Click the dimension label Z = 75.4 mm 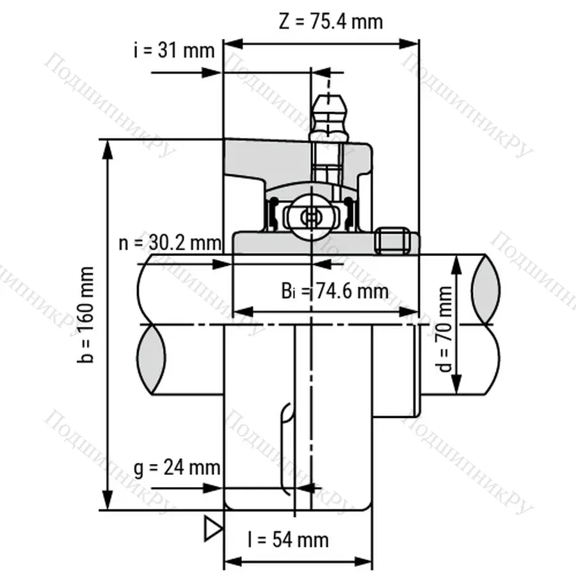[x=331, y=21]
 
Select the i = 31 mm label [x=174, y=50]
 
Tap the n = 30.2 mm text [x=170, y=243]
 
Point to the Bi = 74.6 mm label [x=335, y=291]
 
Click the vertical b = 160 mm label [x=86, y=315]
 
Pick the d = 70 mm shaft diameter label [x=445, y=329]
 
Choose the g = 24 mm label [x=177, y=468]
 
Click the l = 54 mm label [x=289, y=540]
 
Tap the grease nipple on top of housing [x=328, y=118]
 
